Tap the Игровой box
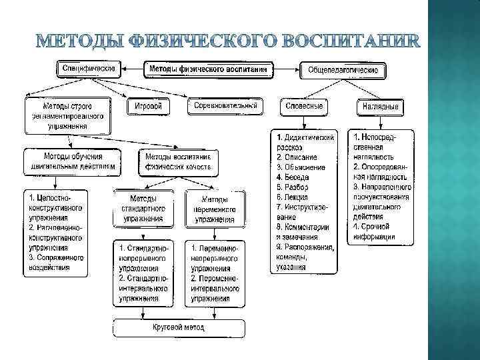click(147, 107)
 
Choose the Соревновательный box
click(225, 106)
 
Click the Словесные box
click(304, 107)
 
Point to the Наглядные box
click(380, 107)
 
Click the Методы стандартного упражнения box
click(143, 208)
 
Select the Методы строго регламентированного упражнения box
click(67, 115)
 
